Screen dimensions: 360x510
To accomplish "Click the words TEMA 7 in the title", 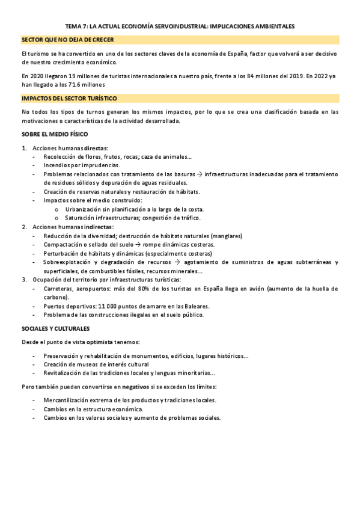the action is click(75, 26).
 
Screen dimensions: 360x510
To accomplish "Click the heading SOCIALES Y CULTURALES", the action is click(55, 328).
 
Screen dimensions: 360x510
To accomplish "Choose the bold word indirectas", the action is click(98, 227).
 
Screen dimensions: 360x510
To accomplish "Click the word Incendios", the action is click(58, 165).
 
